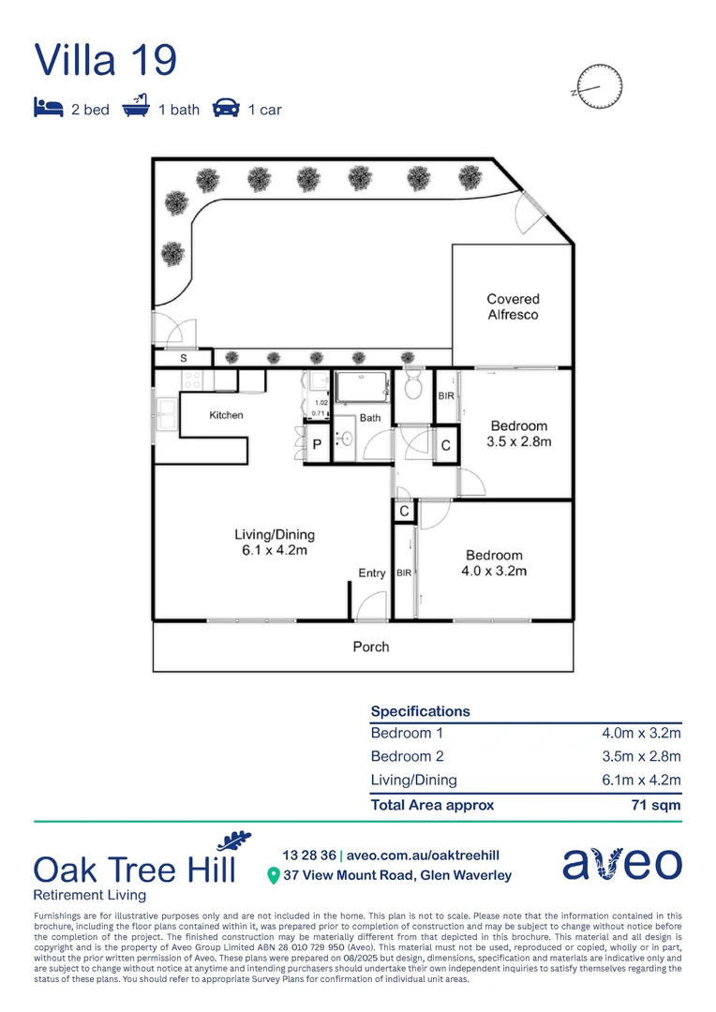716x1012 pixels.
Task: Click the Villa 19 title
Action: tap(105, 60)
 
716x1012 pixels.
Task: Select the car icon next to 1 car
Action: tap(225, 109)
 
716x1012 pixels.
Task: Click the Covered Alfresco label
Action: tap(513, 307)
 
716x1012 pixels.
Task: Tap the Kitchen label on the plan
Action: tap(226, 415)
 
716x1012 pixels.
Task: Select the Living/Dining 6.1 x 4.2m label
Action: tap(274, 543)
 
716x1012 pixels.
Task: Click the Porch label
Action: tap(370, 647)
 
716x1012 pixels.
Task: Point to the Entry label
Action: tap(372, 573)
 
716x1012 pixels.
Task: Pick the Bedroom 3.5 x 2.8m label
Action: tap(518, 434)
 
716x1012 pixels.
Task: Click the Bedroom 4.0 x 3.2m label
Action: tap(494, 562)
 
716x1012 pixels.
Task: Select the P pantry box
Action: tap(318, 446)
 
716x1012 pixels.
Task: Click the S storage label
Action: tap(183, 358)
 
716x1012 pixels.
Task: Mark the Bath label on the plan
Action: tap(370, 418)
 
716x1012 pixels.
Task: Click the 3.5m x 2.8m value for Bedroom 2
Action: tap(641, 757)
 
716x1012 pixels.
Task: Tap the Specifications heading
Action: tap(421, 711)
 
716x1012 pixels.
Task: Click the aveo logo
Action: tap(621, 864)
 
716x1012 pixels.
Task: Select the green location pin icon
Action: tap(274, 876)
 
